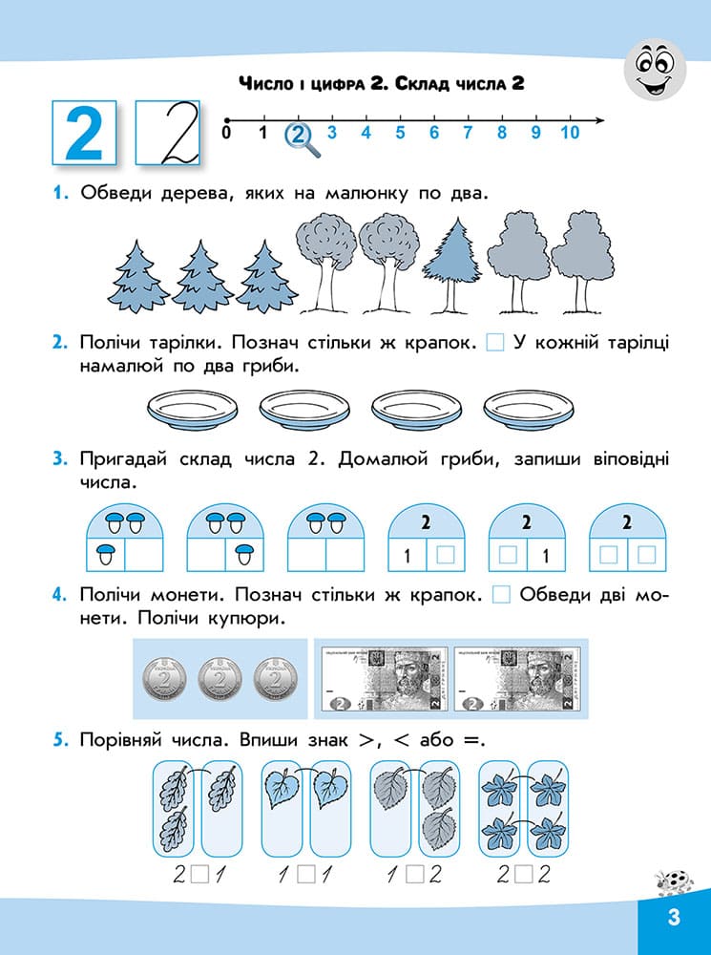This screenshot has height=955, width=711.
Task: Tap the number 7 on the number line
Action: pos(468,132)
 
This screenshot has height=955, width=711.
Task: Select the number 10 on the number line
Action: pos(570,132)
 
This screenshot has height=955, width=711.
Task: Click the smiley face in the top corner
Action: pos(655,71)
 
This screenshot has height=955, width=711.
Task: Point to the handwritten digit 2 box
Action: pos(167,133)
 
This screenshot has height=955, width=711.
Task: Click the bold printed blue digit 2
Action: pos(84,133)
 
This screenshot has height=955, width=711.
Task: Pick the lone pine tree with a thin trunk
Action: pos(452,265)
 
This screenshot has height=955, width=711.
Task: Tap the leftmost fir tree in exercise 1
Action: pos(138,277)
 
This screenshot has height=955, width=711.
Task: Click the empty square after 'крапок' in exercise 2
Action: pos(495,344)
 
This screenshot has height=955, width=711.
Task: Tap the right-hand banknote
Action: pos(517,679)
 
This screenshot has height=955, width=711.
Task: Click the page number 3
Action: pos(673,917)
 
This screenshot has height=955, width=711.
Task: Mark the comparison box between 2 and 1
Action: pos(199,876)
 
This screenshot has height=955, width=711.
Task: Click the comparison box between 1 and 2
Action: pos(414,876)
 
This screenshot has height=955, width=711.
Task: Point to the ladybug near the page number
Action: pos(675,882)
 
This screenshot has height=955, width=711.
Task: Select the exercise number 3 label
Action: pos(59,459)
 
